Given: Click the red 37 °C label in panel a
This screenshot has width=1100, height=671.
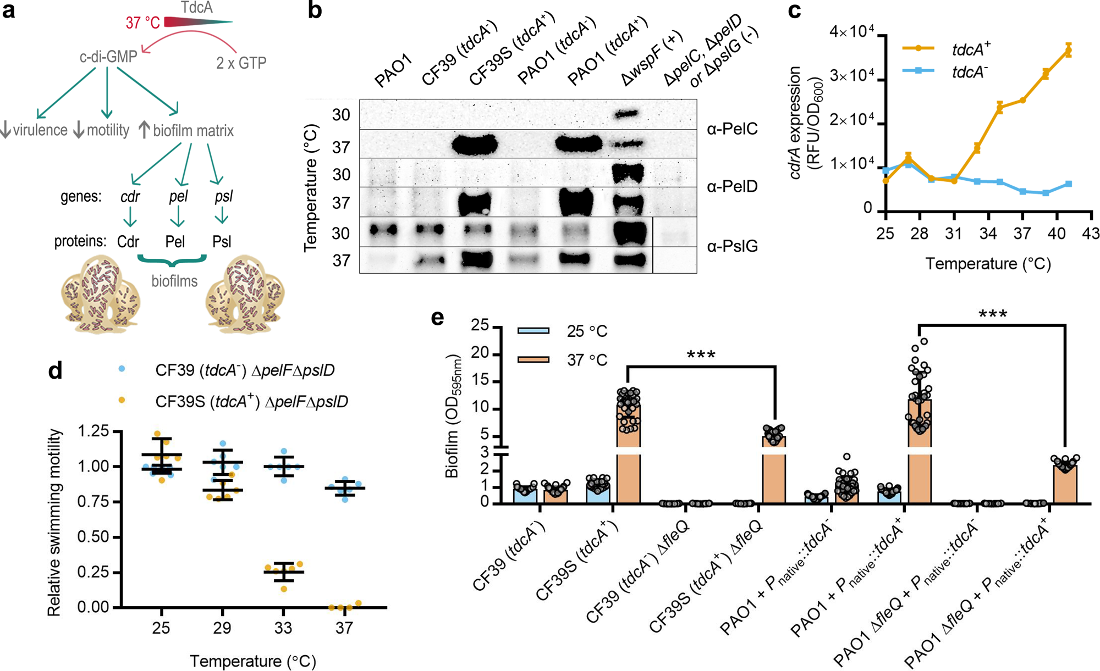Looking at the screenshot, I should coord(143,23).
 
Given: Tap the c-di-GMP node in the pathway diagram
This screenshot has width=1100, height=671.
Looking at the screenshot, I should coord(108,57).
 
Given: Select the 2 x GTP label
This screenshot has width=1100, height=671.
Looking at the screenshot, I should coord(241,63).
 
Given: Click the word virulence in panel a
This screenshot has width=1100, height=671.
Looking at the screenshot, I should coord(40,130).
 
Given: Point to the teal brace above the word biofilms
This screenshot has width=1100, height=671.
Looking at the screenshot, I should coord(172,260).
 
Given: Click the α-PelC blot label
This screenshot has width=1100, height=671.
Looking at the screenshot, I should coord(732,129).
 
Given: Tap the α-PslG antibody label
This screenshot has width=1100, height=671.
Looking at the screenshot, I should coord(732,246).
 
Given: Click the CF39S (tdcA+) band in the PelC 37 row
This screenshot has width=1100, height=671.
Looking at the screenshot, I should coord(475,145).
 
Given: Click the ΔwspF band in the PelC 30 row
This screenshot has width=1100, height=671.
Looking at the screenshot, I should coord(626,114).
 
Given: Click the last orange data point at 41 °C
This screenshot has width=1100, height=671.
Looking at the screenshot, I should coord(1068,51).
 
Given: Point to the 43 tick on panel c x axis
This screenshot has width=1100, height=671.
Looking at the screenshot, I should coord(1091,233).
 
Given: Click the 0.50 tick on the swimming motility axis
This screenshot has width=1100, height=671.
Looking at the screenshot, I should coord(93,537).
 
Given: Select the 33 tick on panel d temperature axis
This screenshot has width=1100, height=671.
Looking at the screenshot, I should coord(283,628).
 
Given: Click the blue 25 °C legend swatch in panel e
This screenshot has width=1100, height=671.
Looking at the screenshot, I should coord(533,331).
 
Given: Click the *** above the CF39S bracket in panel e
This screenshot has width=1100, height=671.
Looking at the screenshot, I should coord(701,355).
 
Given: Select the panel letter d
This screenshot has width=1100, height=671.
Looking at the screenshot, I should coord(55,371).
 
